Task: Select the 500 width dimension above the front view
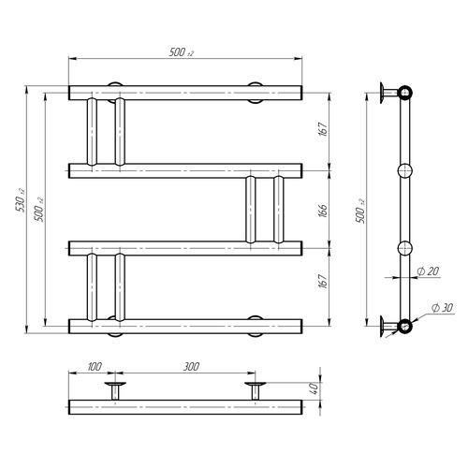click(182, 52)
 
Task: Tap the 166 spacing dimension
click(323, 211)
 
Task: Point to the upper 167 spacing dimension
click(323, 129)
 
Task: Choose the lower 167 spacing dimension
click(323, 281)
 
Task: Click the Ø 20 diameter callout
click(428, 271)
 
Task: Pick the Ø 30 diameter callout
click(442, 308)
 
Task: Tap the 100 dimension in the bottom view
click(95, 366)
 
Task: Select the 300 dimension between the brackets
click(191, 366)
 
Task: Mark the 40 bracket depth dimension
click(314, 388)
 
